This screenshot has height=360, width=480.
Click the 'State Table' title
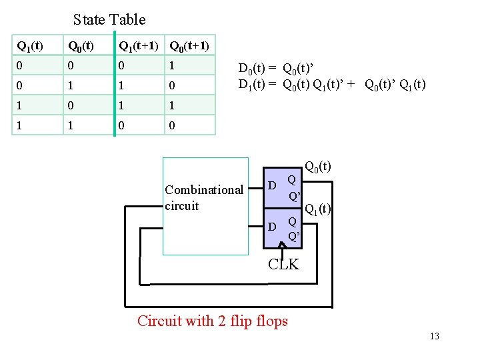[x=109, y=20]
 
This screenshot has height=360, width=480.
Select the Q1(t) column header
[x=29, y=46]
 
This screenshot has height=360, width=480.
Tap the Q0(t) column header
[x=79, y=46]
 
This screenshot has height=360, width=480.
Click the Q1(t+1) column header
[x=138, y=46]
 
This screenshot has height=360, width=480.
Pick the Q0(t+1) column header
[x=189, y=46]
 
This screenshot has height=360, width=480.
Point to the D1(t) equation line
[x=331, y=84]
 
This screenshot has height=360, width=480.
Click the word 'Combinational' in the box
[x=203, y=190]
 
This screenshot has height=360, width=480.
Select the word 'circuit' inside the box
[x=181, y=206]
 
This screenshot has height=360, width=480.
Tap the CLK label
[x=283, y=265]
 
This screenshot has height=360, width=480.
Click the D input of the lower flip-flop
[x=272, y=227]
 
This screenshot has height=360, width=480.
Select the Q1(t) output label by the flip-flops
[x=318, y=209]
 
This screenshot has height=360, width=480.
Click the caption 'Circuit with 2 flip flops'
[x=212, y=321]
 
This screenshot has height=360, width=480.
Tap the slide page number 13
[x=434, y=336]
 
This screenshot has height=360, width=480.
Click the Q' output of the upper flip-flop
[x=293, y=196]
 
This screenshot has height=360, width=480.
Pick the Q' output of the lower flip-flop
[x=293, y=236]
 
